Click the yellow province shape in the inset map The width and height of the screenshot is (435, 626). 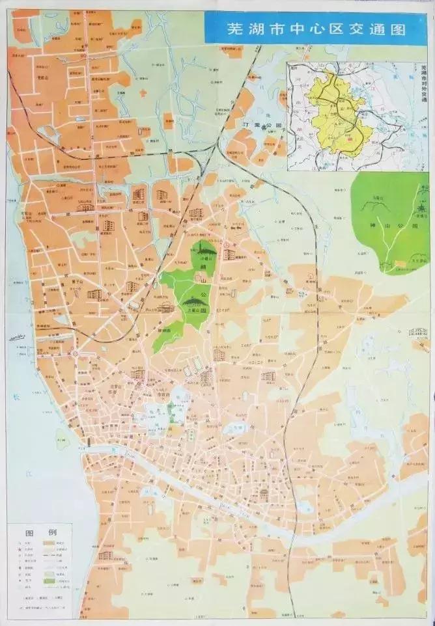[x=339, y=114]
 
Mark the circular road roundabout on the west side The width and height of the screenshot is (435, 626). [x=75, y=354]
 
